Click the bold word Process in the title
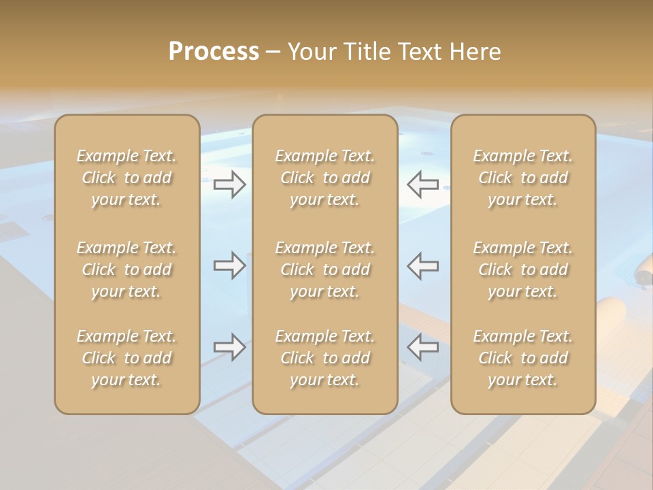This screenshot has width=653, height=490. coord(214,52)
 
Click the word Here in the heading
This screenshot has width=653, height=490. coord(476,52)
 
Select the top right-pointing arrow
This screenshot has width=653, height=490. coord(230,184)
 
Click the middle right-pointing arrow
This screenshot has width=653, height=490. coord(230,265)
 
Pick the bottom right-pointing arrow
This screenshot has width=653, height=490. coord(230,347)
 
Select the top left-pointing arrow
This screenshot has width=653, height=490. coord(423,184)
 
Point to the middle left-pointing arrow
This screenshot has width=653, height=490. coord(423,265)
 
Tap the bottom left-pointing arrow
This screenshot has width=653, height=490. coord(423,347)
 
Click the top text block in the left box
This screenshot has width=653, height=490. coord(127,178)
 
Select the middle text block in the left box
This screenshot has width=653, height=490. coord(127,269)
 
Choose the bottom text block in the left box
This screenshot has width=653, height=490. coord(127,358)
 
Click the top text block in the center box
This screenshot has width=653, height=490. coord(325,178)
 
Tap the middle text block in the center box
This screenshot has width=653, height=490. coord(325,269)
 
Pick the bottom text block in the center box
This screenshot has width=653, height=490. coord(325,358)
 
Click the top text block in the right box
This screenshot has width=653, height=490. coord(523,178)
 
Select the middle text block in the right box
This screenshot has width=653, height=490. coord(523,269)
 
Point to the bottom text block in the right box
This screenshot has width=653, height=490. coord(523,358)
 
